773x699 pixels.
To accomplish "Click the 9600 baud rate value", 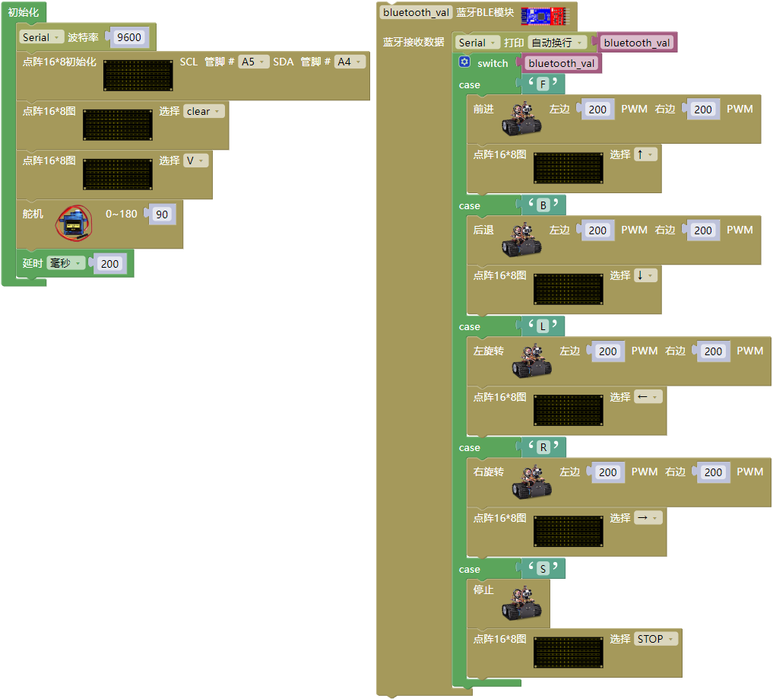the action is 128,37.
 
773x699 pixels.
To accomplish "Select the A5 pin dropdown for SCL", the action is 253,62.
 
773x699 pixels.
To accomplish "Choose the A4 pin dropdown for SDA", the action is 350,62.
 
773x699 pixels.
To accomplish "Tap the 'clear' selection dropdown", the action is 204,111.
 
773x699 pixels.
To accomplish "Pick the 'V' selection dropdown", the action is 195,160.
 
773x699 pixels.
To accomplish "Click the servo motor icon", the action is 74,223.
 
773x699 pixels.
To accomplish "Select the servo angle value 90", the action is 162,214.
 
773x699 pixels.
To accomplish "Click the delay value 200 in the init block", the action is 109,264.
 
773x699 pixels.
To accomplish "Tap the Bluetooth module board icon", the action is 545,16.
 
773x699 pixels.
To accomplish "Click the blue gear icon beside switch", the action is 464,62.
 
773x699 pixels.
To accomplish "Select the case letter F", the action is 543,84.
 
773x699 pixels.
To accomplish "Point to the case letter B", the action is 543,205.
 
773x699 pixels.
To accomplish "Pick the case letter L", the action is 543,326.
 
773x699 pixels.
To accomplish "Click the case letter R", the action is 543,447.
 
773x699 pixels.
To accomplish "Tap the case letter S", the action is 543,569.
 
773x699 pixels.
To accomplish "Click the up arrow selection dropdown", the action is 645,154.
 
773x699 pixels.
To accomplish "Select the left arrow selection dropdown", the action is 648,396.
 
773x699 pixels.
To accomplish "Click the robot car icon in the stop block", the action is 521,603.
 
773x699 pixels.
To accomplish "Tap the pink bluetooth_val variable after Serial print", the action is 636,43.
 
